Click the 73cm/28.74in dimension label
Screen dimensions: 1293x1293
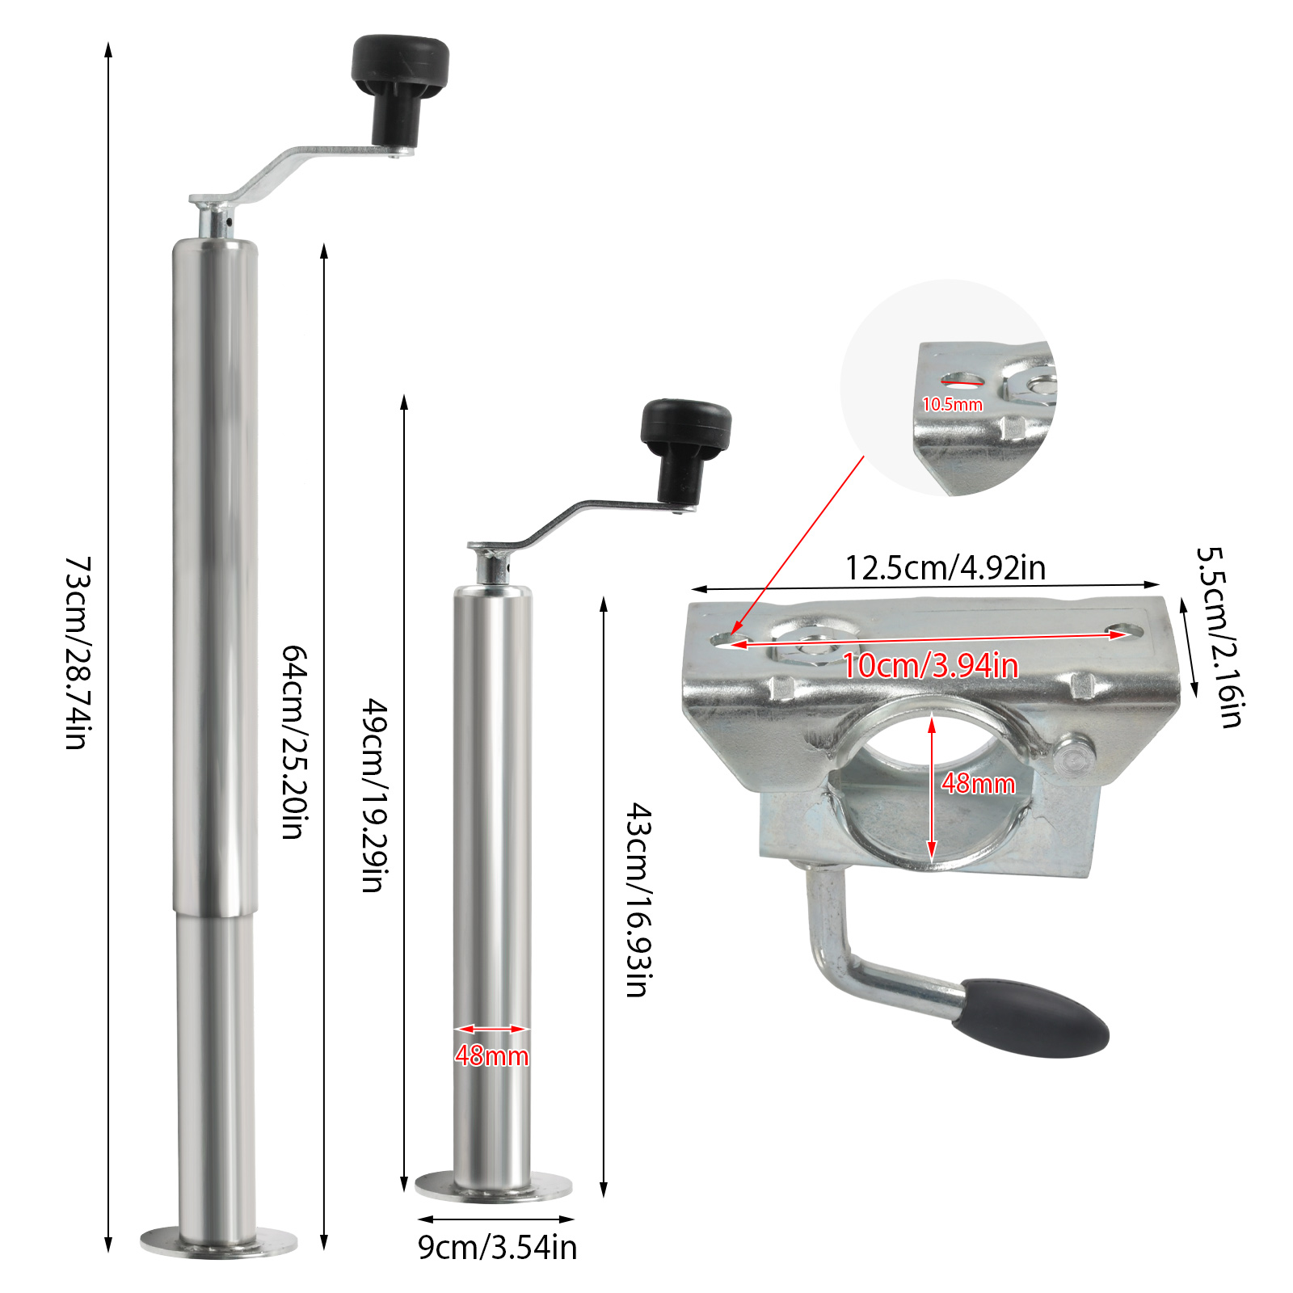coord(78,652)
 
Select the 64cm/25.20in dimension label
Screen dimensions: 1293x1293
coord(294,742)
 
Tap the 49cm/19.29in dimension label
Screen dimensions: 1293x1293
coord(373,795)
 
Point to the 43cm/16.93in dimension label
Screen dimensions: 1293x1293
coord(640,899)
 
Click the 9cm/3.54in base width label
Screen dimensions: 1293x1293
coord(498,1247)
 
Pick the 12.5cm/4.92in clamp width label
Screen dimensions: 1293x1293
coord(946,568)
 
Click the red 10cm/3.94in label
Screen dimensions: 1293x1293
coord(930,665)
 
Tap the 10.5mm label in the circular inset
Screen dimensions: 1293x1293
coord(953,404)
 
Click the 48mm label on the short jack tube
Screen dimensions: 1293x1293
coord(491,1055)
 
